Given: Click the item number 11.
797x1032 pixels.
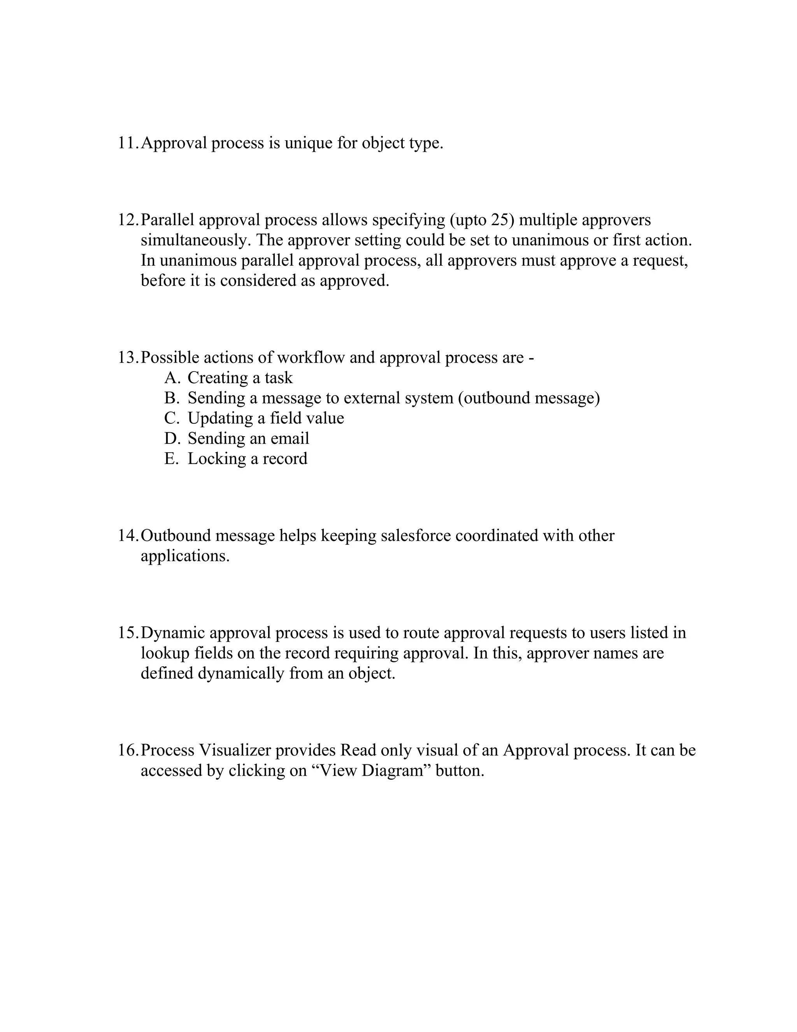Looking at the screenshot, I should [128, 143].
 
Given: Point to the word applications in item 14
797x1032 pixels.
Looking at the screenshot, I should [184, 557].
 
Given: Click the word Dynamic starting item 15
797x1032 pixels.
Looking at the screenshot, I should [172, 633].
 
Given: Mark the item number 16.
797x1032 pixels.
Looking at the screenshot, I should [128, 750].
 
